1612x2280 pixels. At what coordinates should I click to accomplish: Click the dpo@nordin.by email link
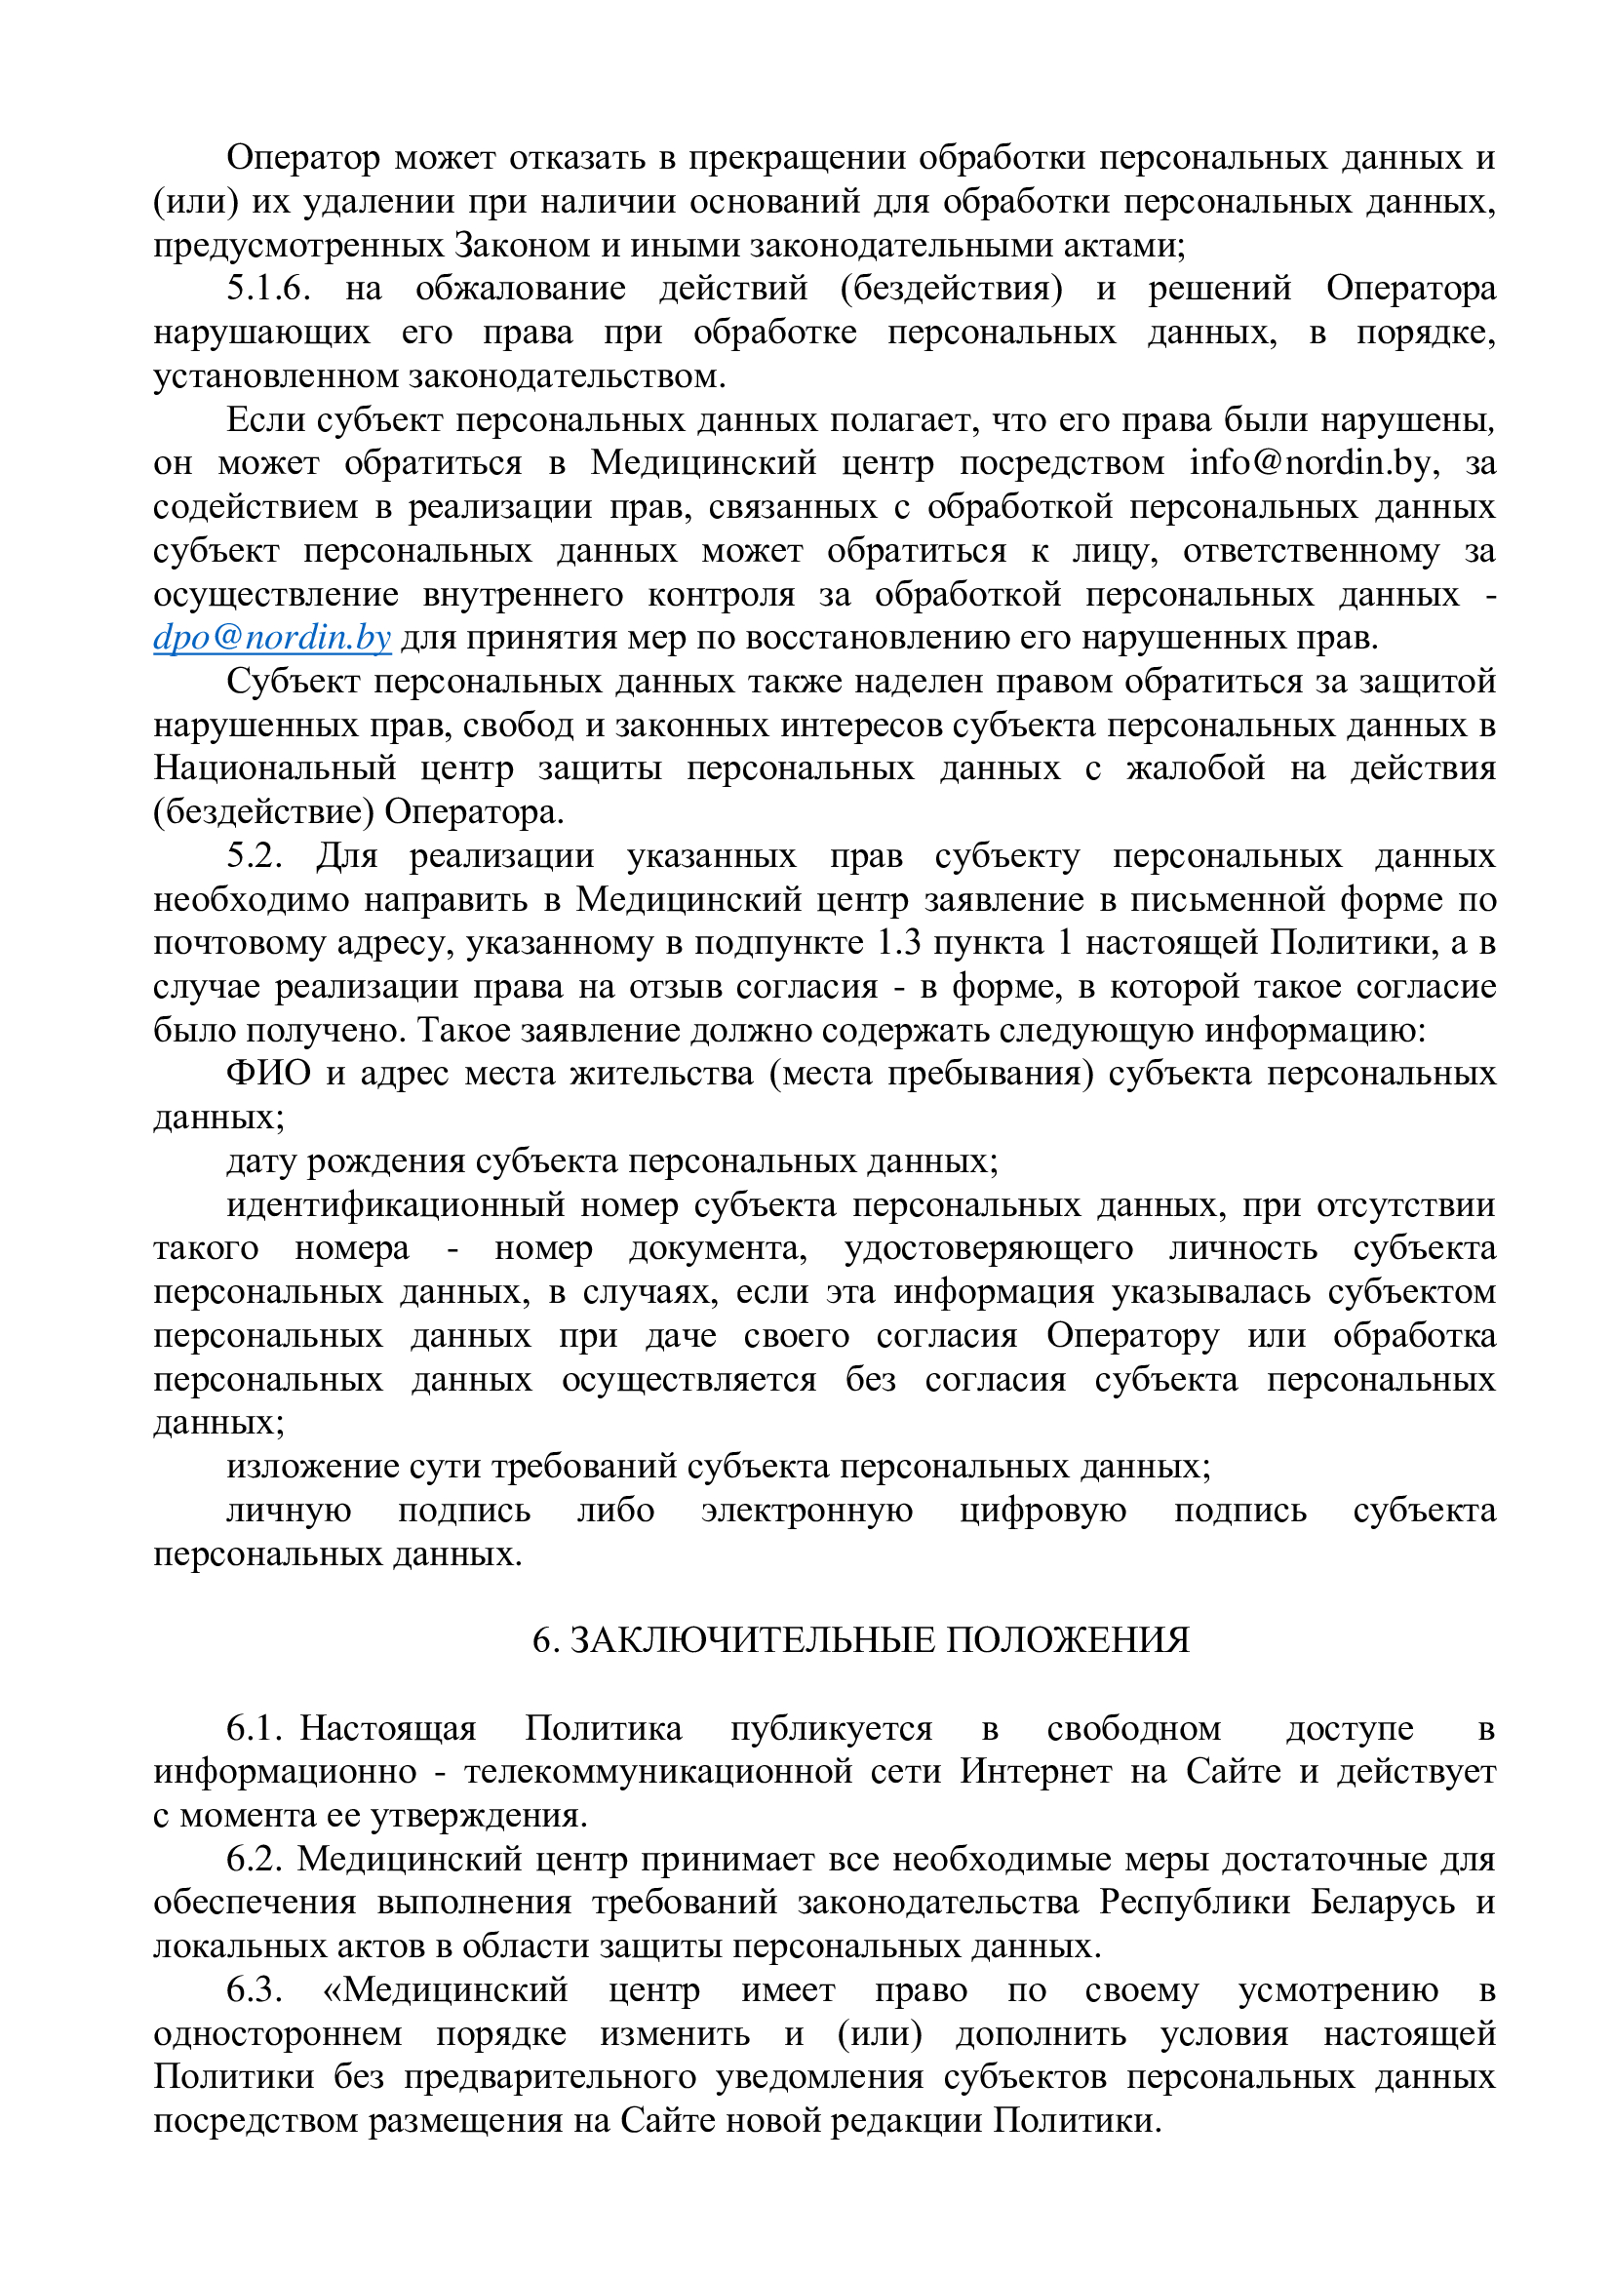tap(271, 638)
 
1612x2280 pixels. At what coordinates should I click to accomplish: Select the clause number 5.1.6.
tap(268, 289)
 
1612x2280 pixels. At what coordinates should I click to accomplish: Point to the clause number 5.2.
tap(255, 856)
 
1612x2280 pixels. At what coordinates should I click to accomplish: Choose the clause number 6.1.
tap(255, 1728)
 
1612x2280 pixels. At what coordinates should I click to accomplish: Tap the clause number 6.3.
tap(255, 1990)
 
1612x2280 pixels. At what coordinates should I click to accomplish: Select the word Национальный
tap(274, 768)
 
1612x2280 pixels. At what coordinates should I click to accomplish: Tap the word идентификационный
tap(395, 1204)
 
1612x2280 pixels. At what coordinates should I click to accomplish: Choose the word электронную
tap(806, 1511)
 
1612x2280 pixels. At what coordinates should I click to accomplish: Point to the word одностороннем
tap(278, 2033)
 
